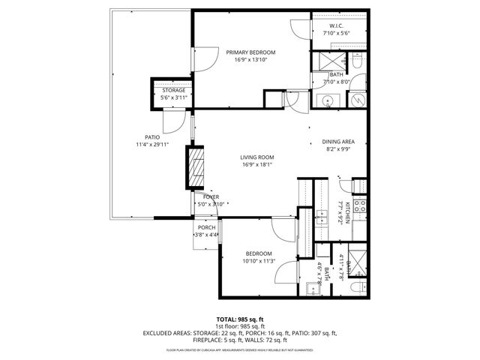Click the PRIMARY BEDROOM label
251,52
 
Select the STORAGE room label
172,90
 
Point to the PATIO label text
152,136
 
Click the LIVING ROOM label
256,157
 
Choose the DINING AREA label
338,142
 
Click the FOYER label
211,196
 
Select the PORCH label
206,227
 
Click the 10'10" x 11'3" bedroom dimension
259,261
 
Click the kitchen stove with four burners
360,204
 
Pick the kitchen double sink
325,219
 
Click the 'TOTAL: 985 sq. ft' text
241,319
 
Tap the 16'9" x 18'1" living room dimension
256,165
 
